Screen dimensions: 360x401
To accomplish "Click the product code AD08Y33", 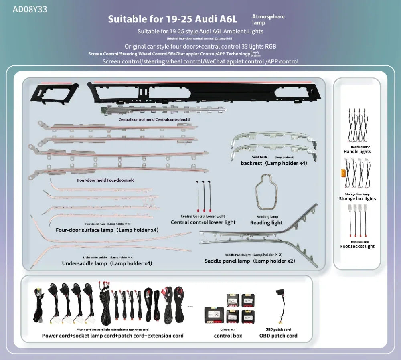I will tap(30, 9).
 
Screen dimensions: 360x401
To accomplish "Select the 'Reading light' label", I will tap(266, 223).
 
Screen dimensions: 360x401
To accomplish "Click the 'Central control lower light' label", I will tap(203, 222).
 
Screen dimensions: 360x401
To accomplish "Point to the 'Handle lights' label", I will tap(357, 152).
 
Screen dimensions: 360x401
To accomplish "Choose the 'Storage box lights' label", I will tap(357, 199).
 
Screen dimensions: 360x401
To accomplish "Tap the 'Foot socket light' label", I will tap(357, 246).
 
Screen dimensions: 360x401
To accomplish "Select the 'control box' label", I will tap(228, 336).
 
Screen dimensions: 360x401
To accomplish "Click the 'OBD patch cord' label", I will tap(278, 336).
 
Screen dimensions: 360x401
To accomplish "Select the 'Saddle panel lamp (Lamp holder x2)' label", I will tap(249, 261).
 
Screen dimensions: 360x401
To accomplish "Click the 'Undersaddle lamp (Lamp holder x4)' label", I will tap(107, 263).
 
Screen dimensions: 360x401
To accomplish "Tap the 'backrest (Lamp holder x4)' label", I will tap(274, 163).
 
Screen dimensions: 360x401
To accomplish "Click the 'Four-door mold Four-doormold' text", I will tap(106, 180).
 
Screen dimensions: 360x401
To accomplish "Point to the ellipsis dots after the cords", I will tap(190, 306).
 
